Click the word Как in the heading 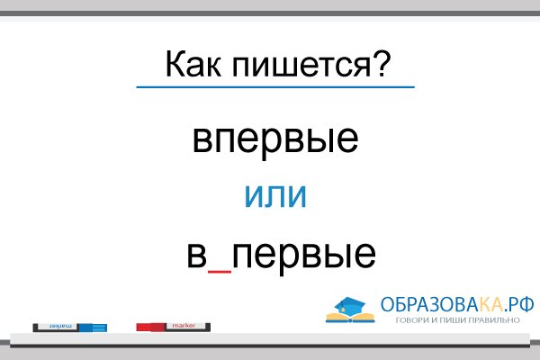coord(192,66)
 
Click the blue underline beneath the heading coord(274,86)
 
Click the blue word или coord(275,195)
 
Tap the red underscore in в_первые coord(220,267)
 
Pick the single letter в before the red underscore coord(197,255)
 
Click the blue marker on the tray coord(69,328)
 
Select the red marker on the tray coord(175,328)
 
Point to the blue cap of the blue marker coord(94,328)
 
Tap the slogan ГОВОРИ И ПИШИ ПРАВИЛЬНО coord(456,320)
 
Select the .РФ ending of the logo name coord(513,304)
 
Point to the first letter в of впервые coord(202,141)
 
